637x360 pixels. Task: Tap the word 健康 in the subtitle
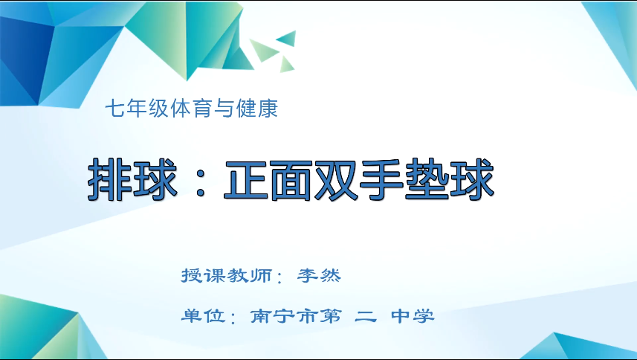point(259,110)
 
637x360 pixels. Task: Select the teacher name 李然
point(318,275)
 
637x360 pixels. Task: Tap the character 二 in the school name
point(366,315)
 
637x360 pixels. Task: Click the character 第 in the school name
point(332,315)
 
